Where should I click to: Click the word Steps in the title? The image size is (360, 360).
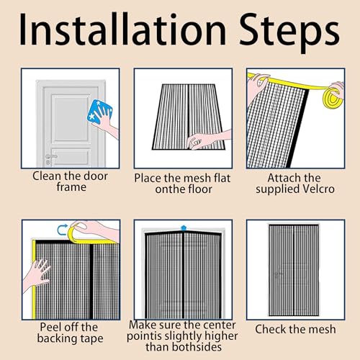[289, 33]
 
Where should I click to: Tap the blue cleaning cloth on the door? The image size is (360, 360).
[99, 112]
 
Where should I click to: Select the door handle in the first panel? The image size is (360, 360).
[51, 156]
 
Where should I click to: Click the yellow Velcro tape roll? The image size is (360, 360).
[334, 98]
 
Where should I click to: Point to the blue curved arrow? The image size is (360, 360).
[62, 230]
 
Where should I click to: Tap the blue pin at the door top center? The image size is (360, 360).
[184, 228]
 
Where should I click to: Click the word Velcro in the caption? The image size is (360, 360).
[319, 189]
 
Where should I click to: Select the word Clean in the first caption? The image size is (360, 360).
[47, 176]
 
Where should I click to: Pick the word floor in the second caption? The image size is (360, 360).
[200, 189]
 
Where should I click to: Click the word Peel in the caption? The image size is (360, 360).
[50, 327]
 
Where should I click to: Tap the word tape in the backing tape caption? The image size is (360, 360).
[92, 339]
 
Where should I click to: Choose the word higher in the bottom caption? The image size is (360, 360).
[221, 336]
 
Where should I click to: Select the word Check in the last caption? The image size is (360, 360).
[271, 329]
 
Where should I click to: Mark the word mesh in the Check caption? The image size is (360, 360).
[322, 329]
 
